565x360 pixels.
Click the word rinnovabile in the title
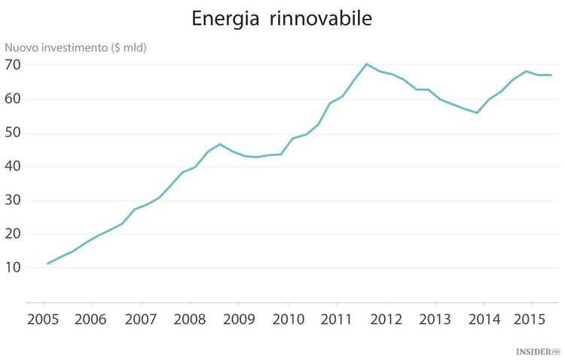tap(324, 20)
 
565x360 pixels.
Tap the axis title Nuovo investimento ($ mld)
tap(76, 47)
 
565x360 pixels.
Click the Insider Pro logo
tap(538, 351)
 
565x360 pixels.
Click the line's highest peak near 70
tap(366, 64)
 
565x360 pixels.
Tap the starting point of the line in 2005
tap(47, 264)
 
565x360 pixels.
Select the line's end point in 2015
tap(551, 75)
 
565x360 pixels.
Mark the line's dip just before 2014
tap(477, 112)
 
